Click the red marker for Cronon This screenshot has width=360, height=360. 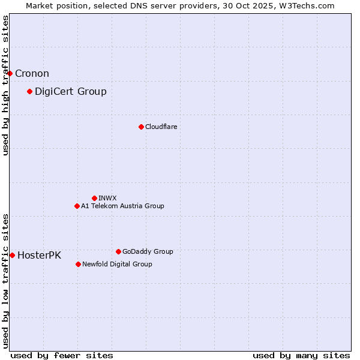tap(10, 73)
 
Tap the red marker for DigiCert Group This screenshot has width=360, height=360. tap(29, 91)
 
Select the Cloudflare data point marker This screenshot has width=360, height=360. tap(141, 127)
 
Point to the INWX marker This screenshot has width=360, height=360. tap(94, 198)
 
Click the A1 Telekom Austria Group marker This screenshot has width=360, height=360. tap(77, 206)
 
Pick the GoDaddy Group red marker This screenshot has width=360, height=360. tap(118, 251)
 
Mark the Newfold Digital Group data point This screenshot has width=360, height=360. tap(78, 264)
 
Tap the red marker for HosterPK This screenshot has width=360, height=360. tap(12, 255)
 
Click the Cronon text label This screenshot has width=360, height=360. tap(32, 73)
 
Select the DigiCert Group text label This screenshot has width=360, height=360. tap(70, 91)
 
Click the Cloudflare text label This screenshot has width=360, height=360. tap(161, 127)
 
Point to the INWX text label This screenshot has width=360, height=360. tap(107, 198)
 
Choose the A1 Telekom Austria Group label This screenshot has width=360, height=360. tap(122, 206)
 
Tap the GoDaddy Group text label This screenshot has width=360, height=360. tap(148, 251)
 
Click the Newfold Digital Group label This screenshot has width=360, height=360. tap(117, 264)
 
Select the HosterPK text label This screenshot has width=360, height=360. tap(39, 255)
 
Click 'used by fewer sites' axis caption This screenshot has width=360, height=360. tap(62, 355)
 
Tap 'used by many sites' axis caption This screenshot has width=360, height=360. tap(301, 355)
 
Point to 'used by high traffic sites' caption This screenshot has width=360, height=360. tap(5, 86)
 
